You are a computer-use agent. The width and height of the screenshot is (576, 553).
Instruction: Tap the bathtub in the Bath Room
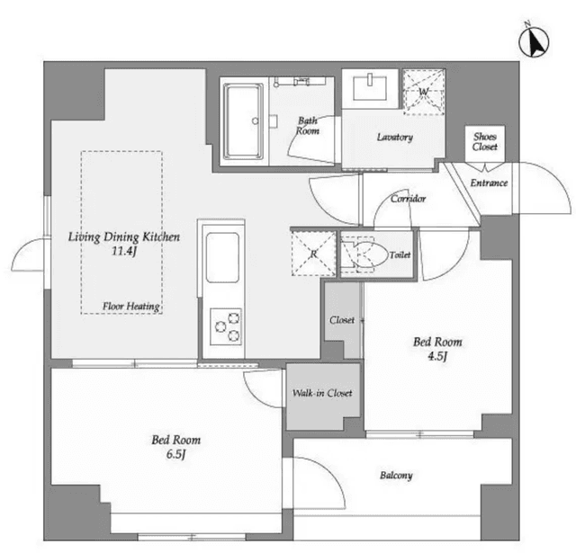click(x=244, y=121)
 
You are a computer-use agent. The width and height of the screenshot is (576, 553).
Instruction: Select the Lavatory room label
click(x=395, y=138)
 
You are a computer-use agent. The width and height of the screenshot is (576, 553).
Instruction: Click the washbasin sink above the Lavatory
click(x=370, y=88)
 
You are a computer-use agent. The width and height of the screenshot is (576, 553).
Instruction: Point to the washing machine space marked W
click(x=424, y=92)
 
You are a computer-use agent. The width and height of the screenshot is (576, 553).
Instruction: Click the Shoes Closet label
click(x=485, y=142)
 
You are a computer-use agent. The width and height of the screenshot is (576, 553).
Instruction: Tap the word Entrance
click(x=489, y=183)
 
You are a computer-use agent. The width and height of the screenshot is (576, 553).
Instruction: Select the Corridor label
click(x=408, y=199)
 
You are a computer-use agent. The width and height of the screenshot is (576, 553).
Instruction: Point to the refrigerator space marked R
click(x=314, y=254)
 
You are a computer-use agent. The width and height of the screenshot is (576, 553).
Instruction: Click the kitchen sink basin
click(x=222, y=257)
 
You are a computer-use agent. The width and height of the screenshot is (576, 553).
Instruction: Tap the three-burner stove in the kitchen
click(x=226, y=326)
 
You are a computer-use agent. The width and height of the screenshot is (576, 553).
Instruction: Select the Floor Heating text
click(x=131, y=307)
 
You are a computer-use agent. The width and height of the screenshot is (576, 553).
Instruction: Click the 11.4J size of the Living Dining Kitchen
click(x=124, y=252)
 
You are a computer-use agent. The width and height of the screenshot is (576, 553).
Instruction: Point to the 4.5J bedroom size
click(x=437, y=356)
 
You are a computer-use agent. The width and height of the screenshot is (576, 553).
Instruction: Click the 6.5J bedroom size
click(x=176, y=454)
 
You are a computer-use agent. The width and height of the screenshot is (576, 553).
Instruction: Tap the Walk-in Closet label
click(x=322, y=393)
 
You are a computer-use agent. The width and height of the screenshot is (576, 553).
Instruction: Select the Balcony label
click(x=396, y=476)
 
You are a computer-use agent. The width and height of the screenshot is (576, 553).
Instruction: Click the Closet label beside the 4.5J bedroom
click(x=342, y=320)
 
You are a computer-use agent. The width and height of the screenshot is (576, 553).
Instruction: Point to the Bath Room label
click(x=308, y=126)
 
